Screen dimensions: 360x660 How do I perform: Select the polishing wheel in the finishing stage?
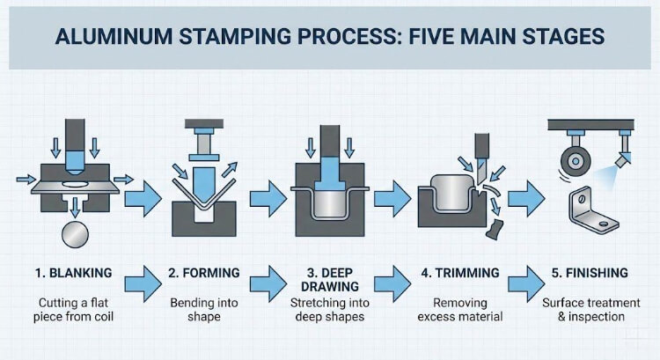pyautogui.click(x=576, y=161)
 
